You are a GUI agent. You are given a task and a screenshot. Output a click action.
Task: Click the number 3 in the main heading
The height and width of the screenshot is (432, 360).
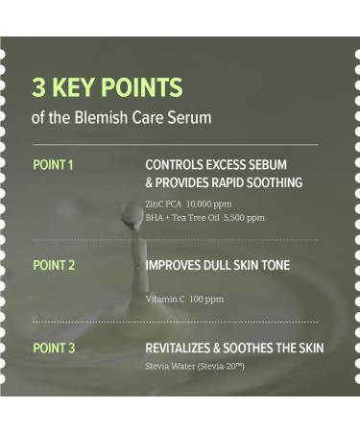pyautogui.click(x=38, y=88)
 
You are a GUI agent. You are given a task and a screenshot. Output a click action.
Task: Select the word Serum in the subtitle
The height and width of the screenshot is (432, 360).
pyautogui.click(x=190, y=119)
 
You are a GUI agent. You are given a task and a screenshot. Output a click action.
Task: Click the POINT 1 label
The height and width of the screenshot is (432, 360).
pyautogui.click(x=53, y=164)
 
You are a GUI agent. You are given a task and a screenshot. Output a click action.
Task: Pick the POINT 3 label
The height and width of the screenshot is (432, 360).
pyautogui.click(x=54, y=348)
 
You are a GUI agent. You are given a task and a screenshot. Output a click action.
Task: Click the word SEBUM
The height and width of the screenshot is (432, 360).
pyautogui.click(x=265, y=164)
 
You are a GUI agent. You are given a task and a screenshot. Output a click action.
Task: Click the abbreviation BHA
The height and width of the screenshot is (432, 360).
pyautogui.click(x=156, y=218)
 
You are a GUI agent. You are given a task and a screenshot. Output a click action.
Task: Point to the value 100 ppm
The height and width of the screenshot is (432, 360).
pyautogui.click(x=207, y=300)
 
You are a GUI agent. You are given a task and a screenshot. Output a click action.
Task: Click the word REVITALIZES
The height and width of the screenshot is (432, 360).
pyautogui.click(x=183, y=348)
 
